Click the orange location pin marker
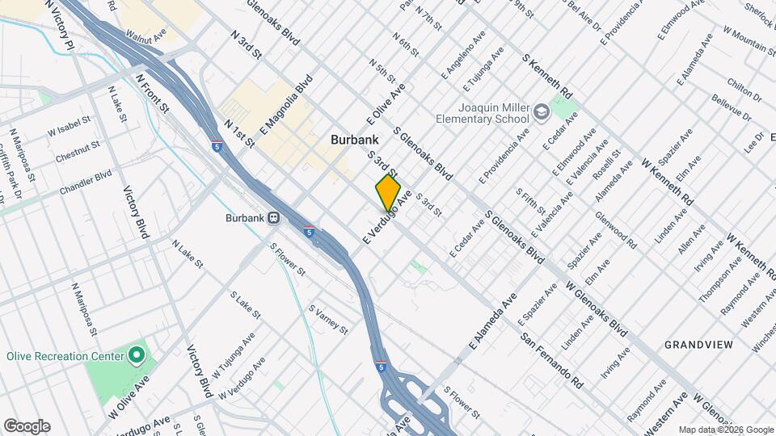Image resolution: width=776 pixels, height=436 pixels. [388, 193]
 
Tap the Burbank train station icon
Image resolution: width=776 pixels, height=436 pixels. [274, 217]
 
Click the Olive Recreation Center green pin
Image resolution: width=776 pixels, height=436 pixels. [137, 355]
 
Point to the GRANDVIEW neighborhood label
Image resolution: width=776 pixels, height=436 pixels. [698, 345]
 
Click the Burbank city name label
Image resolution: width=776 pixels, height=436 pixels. [355, 140]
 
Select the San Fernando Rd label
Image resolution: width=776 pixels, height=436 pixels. [551, 361]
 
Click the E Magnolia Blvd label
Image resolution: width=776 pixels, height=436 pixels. [286, 105]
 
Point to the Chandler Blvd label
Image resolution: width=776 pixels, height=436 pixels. [85, 182]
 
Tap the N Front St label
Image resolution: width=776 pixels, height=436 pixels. [153, 94]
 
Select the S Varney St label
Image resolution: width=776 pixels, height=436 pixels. [328, 320]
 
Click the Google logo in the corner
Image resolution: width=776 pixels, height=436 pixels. [26, 426]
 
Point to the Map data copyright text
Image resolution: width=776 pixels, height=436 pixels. [725, 430]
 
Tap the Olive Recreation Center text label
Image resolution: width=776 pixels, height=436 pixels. [65, 355]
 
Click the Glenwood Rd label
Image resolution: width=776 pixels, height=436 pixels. [616, 230]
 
